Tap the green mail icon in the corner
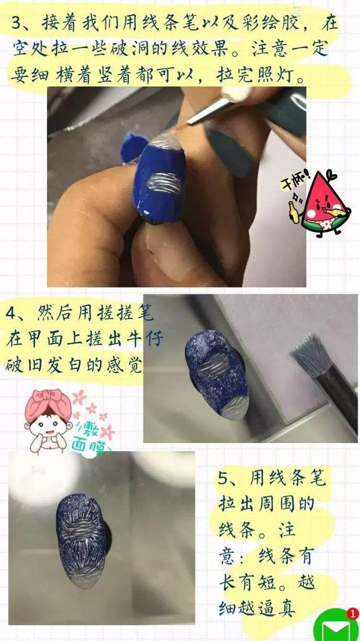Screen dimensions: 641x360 point(336,627)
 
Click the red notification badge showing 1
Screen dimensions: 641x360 point(353,614)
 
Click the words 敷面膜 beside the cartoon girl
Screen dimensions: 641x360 point(96,435)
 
